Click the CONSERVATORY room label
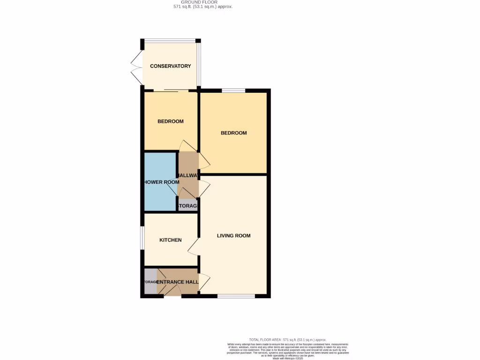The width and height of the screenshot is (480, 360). click(170, 66)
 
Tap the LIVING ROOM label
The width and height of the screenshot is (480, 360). click(233, 236)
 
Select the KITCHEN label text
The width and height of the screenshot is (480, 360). click(170, 240)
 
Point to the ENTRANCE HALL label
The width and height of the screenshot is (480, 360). click(177, 282)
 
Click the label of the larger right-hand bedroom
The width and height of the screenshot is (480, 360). click(233, 133)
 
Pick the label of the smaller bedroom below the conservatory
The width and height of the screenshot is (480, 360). click(170, 121)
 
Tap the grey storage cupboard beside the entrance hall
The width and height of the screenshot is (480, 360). click(150, 282)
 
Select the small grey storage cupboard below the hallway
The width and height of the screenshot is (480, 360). click(188, 206)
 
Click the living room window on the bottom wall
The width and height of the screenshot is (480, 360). click(236, 296)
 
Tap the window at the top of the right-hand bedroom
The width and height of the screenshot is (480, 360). click(233, 90)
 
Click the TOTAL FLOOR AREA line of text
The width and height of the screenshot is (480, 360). click(287, 340)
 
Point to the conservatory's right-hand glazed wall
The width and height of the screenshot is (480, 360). click(199, 65)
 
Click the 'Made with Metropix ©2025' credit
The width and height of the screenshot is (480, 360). click(288, 358)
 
